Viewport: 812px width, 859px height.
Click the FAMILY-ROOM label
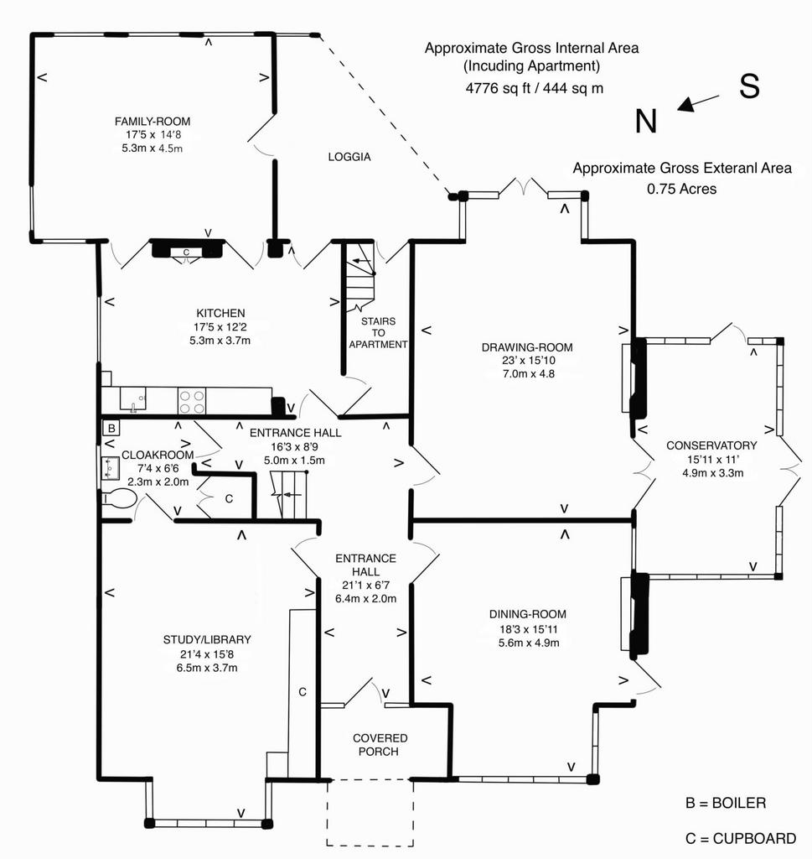[153, 122]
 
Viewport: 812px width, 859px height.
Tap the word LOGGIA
[349, 157]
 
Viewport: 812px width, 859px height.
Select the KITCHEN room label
[220, 314]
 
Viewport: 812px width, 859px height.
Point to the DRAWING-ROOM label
[527, 347]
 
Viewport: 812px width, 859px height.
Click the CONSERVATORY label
[712, 445]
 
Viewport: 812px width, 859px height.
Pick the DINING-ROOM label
[528, 615]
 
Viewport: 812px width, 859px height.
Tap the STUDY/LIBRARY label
[207, 639]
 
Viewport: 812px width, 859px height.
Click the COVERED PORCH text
[380, 745]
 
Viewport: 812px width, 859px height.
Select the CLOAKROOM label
[158, 455]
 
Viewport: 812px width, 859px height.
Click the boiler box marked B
[111, 428]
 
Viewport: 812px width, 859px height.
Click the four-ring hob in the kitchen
[192, 402]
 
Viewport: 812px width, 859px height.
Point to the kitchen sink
[133, 399]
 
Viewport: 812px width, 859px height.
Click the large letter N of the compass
[645, 121]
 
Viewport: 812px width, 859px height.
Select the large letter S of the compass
[750, 86]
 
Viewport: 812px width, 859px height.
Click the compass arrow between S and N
[698, 102]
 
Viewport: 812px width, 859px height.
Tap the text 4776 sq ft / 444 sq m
[535, 88]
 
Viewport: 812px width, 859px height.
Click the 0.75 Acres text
[682, 189]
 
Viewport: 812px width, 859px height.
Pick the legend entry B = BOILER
[726, 803]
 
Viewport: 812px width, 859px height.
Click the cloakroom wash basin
[110, 468]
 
